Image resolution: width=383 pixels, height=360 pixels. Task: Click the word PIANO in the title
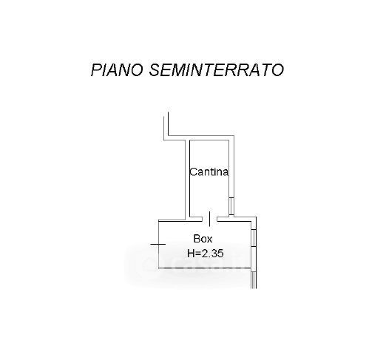[x=117, y=69]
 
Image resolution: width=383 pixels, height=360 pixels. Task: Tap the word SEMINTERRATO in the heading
[x=217, y=69]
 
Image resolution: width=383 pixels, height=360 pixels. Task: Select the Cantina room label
[x=209, y=171]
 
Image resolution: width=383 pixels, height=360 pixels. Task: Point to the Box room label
[x=203, y=239]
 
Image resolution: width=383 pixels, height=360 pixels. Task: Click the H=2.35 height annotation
[x=206, y=253]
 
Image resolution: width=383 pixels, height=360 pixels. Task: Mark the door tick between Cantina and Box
[x=209, y=219]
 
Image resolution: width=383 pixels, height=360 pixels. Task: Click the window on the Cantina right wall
[x=231, y=206]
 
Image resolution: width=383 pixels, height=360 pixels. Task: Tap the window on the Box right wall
[x=254, y=238]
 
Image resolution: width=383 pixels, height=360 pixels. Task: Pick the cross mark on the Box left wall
[x=158, y=244]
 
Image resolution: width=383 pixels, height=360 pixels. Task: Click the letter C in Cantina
[x=193, y=171]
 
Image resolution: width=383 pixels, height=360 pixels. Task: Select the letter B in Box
[x=197, y=239]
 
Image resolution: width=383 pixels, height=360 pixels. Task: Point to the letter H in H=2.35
[x=191, y=253]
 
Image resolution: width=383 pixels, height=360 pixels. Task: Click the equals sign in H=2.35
[x=198, y=254]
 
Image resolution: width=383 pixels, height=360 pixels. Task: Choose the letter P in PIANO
[x=96, y=69]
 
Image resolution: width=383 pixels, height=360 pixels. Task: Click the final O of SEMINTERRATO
[x=278, y=69]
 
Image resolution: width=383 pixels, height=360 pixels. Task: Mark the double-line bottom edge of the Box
[x=205, y=268]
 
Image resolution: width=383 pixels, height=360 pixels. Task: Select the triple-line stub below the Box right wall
[x=254, y=279]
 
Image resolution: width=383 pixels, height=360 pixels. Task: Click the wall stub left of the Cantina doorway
[x=196, y=219]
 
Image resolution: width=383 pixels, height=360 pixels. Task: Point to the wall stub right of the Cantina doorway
[x=224, y=219]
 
